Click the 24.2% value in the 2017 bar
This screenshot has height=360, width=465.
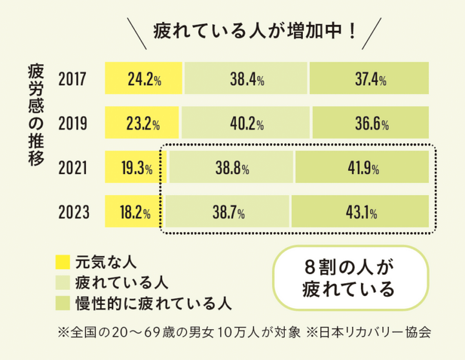click(144, 80)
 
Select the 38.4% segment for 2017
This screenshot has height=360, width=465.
click(246, 80)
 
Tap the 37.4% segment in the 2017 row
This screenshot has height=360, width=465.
click(370, 80)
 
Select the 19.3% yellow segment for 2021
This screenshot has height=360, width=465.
click(136, 169)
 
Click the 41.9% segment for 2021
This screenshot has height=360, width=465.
click(362, 169)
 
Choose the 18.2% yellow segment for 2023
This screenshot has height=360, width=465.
click(134, 211)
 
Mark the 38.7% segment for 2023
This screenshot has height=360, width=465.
click(228, 211)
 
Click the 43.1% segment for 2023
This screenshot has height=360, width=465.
click(360, 211)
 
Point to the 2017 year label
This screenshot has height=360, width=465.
click(72, 80)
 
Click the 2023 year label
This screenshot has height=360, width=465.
click(72, 211)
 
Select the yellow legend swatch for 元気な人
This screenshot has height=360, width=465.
click(63, 261)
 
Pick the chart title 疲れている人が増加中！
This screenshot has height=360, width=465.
click(255, 30)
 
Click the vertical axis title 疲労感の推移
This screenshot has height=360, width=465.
click(36, 115)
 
